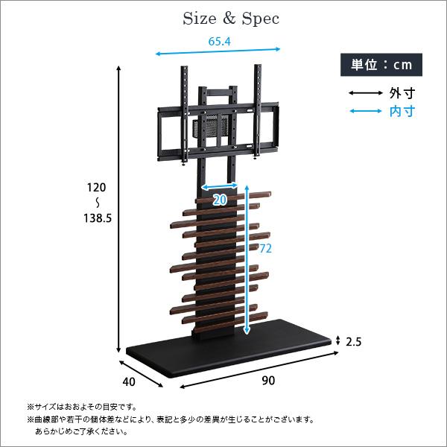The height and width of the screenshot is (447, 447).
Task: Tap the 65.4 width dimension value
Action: point(218,42)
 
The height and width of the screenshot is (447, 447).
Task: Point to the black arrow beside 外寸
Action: point(364,94)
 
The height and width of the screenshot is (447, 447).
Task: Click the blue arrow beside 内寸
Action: point(364,112)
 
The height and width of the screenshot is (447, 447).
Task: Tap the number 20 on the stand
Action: point(219,200)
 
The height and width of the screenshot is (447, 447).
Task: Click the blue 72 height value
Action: point(265,249)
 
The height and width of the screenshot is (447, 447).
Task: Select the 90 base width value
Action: point(268,381)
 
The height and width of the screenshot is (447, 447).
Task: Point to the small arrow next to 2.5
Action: point(338,340)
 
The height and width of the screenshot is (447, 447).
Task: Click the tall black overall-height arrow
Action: point(118,209)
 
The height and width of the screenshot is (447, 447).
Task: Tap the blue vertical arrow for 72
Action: point(247,261)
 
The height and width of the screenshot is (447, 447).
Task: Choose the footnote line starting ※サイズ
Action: point(82,407)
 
